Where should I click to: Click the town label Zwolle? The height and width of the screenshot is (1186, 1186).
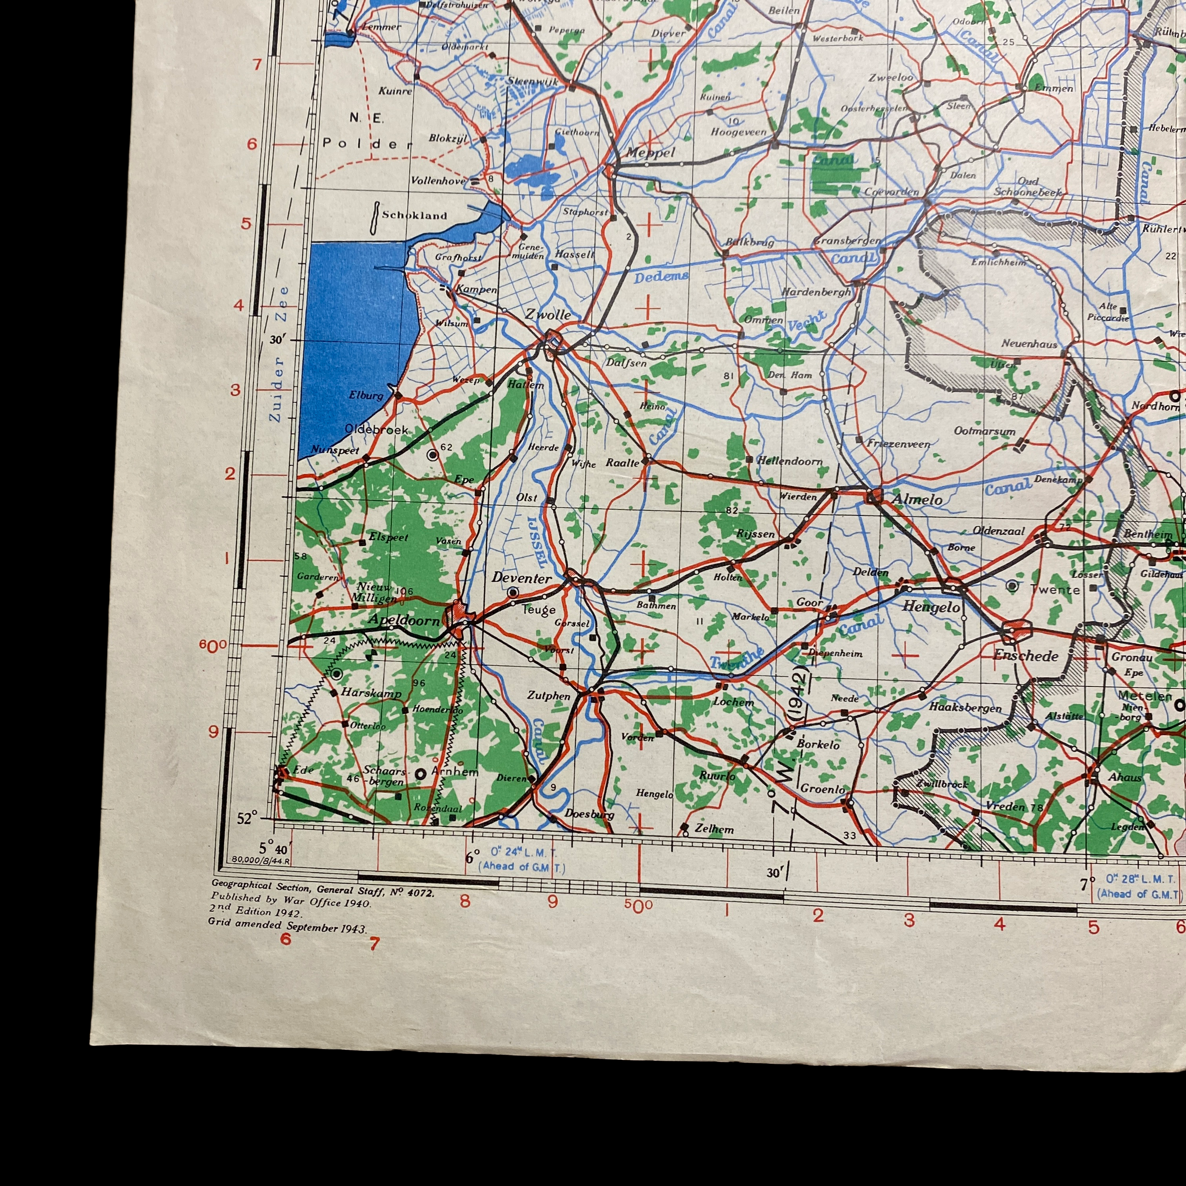point(547,315)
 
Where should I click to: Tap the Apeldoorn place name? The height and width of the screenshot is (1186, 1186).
point(403,620)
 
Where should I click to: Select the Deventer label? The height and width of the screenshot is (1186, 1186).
point(521,578)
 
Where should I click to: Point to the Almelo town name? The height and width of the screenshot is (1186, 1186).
point(917,500)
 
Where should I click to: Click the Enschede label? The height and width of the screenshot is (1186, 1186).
point(1026,656)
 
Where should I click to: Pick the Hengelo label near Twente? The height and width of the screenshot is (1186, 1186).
point(931,607)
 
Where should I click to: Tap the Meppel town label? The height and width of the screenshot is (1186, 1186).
point(650,153)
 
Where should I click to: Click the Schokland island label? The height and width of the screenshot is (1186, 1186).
point(415,215)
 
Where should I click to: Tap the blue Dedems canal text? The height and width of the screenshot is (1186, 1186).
point(661,277)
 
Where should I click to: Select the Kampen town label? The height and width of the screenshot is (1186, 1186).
point(477,289)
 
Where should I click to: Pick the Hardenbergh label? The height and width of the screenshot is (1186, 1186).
point(816,292)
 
